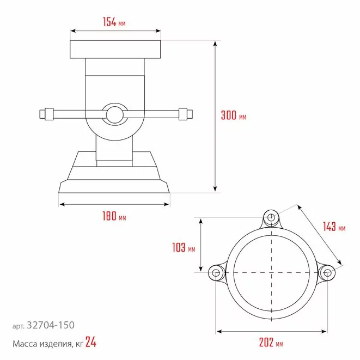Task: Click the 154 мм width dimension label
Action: (114, 22)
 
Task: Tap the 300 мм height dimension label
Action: (234, 115)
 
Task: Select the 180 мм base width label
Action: (114, 216)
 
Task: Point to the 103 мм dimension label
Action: (184, 247)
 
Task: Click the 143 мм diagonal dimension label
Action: (334, 227)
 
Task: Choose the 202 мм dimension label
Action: (271, 343)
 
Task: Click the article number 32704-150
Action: (51, 325)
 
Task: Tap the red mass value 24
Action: (91, 342)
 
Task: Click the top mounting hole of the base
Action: (271, 217)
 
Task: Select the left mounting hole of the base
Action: (216, 273)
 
